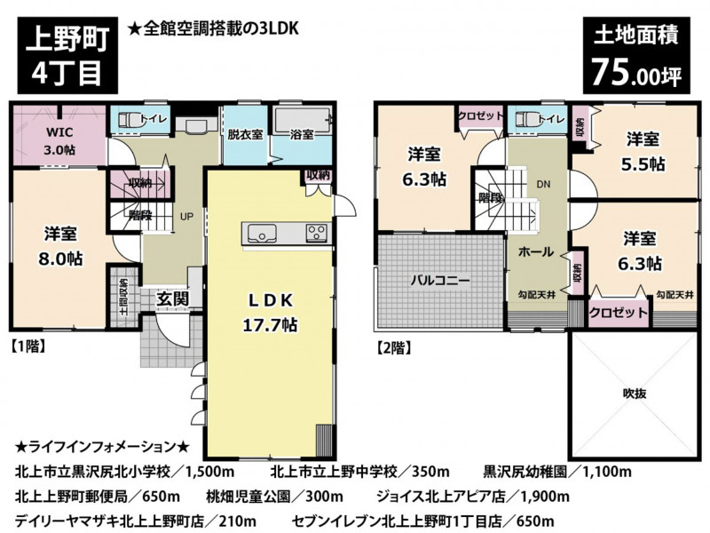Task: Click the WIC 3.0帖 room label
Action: [59, 141]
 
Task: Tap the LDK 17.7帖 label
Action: [270, 313]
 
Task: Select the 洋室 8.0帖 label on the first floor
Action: [60, 247]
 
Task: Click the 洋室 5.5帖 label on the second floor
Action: [643, 151]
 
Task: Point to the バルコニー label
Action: [440, 281]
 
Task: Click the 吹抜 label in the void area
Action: [634, 394]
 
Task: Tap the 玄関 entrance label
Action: [172, 298]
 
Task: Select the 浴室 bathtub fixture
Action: [302, 122]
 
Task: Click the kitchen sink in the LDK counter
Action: [261, 233]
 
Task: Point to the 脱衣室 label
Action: [245, 135]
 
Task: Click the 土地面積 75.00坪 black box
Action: [636, 55]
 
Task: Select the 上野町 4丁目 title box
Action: [67, 55]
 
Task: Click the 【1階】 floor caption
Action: [28, 346]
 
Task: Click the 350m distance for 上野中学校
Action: [430, 472]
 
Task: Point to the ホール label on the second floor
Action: [536, 251]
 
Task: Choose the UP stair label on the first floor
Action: [186, 217]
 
